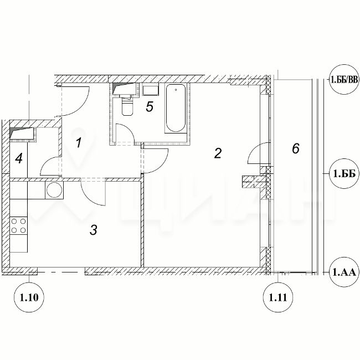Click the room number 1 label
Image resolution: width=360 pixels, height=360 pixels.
click(79, 142)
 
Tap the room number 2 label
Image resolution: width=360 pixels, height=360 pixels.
click(218, 153)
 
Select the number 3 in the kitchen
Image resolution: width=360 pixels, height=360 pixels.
click(94, 230)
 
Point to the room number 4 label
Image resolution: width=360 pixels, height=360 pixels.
click(19, 158)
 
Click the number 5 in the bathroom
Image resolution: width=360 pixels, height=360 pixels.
click(150, 106)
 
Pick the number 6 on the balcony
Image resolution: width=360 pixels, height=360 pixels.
click(296, 148)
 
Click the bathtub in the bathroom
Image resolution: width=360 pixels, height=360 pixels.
click(176, 109)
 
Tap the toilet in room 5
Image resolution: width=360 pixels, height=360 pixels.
click(127, 105)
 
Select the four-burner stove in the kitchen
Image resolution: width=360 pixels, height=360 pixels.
click(19, 225)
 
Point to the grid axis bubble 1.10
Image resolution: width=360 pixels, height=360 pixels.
click(29, 297)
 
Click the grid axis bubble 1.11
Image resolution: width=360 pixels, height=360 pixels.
click(278, 297)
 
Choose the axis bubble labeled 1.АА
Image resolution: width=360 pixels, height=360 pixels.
click(344, 272)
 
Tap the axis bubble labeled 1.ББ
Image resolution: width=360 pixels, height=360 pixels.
click(344, 174)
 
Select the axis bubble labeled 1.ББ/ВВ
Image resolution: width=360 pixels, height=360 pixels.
click(344, 80)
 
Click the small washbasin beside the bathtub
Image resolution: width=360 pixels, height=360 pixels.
click(151, 90)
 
